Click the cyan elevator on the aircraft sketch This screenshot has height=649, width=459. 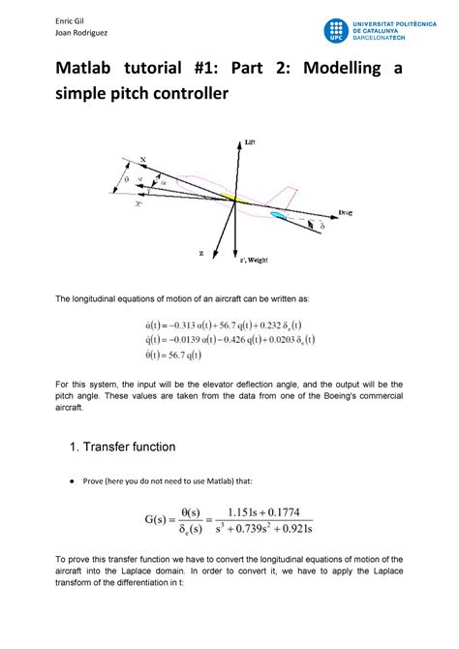279,214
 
